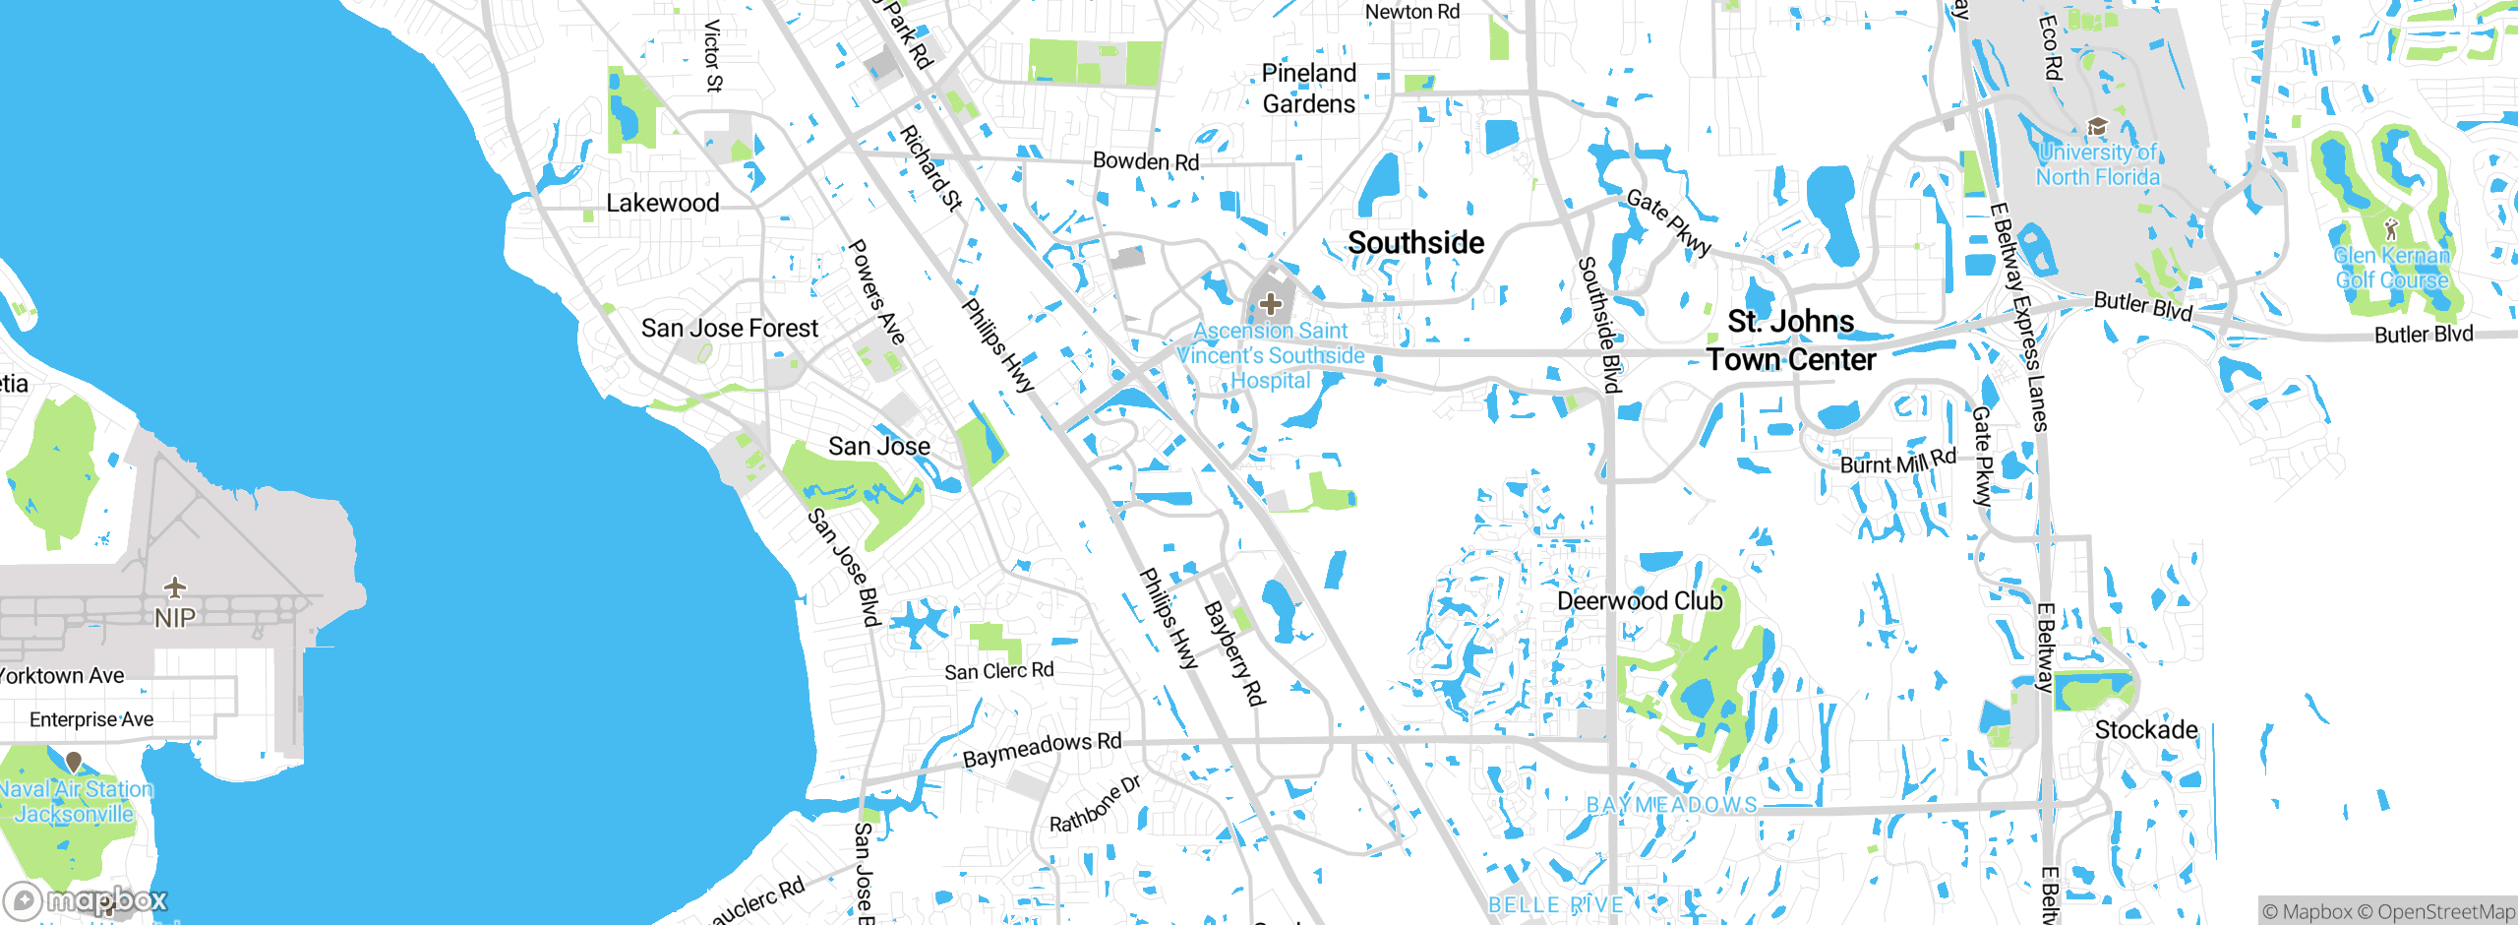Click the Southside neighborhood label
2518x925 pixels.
(1415, 242)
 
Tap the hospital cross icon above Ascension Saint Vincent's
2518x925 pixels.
(1270, 304)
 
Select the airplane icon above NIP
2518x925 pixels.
(175, 587)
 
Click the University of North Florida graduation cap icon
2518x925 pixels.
(2096, 127)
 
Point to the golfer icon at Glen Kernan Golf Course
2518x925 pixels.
(2391, 229)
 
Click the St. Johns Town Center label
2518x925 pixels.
(1790, 340)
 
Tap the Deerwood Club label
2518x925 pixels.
(1640, 600)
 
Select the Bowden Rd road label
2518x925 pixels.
(1146, 160)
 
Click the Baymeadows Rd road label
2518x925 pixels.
(1042, 750)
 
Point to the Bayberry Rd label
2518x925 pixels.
(1234, 653)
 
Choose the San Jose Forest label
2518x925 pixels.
(729, 328)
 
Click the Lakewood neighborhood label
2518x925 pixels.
(662, 203)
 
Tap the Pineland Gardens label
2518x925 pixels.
(1308, 89)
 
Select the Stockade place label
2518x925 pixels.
(2145, 729)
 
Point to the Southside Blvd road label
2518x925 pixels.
(1598, 325)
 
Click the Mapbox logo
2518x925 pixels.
(87, 899)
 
